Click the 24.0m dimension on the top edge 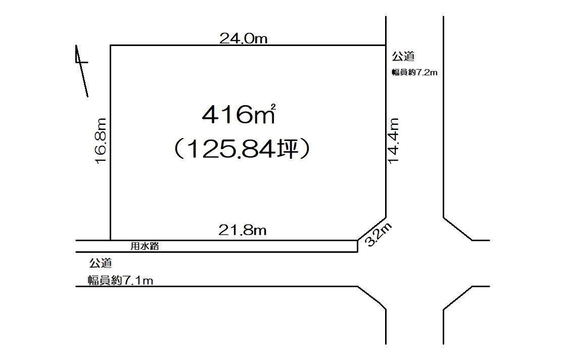[x=244, y=38]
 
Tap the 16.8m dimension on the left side [x=101, y=141]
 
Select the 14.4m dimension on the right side [x=394, y=141]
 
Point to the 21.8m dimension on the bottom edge [x=243, y=230]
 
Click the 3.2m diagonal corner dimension [x=379, y=235]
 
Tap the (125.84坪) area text [x=242, y=149]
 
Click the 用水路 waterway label [x=145, y=246]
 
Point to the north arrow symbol [x=82, y=71]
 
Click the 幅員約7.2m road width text [x=415, y=72]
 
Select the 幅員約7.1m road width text [x=120, y=280]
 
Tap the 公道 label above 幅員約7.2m [x=403, y=56]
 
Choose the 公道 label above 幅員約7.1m [x=101, y=263]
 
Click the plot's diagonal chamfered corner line [x=372, y=229]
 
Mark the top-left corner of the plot [x=110, y=46]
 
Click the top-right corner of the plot [x=386, y=46]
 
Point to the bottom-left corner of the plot [x=110, y=240]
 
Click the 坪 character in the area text [x=288, y=149]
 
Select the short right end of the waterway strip [x=357, y=246]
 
